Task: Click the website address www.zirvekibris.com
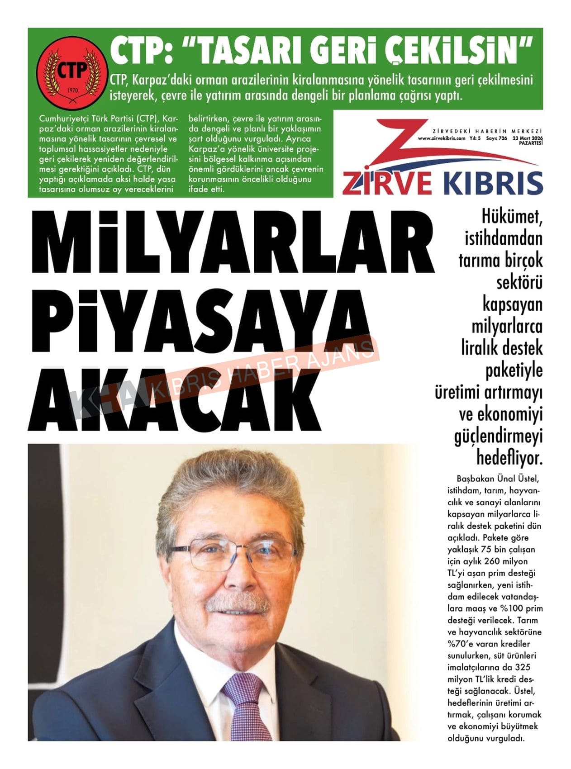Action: (x=441, y=138)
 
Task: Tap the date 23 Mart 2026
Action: (x=527, y=138)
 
